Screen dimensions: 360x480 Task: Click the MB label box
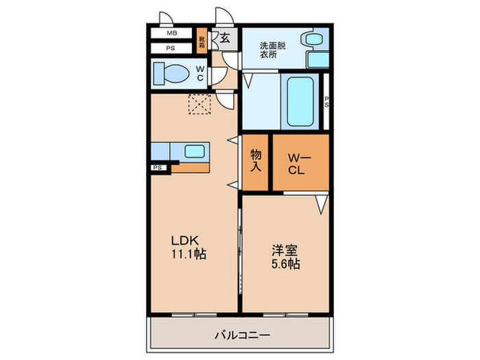[x=171, y=33]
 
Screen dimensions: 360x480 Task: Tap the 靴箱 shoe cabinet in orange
[x=202, y=41]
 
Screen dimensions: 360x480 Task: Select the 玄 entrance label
[x=224, y=38]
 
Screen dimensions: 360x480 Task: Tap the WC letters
[x=200, y=73]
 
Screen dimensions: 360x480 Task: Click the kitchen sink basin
[x=195, y=152]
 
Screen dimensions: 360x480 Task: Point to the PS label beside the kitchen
[x=158, y=167]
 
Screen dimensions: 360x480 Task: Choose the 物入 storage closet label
[x=256, y=161]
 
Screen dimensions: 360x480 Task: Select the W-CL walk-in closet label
[x=301, y=163]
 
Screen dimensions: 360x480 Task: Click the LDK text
[x=184, y=241]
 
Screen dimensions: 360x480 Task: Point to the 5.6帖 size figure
[x=284, y=264]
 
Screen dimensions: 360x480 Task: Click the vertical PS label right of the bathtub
[x=326, y=101]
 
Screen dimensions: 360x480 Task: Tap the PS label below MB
[x=171, y=48]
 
